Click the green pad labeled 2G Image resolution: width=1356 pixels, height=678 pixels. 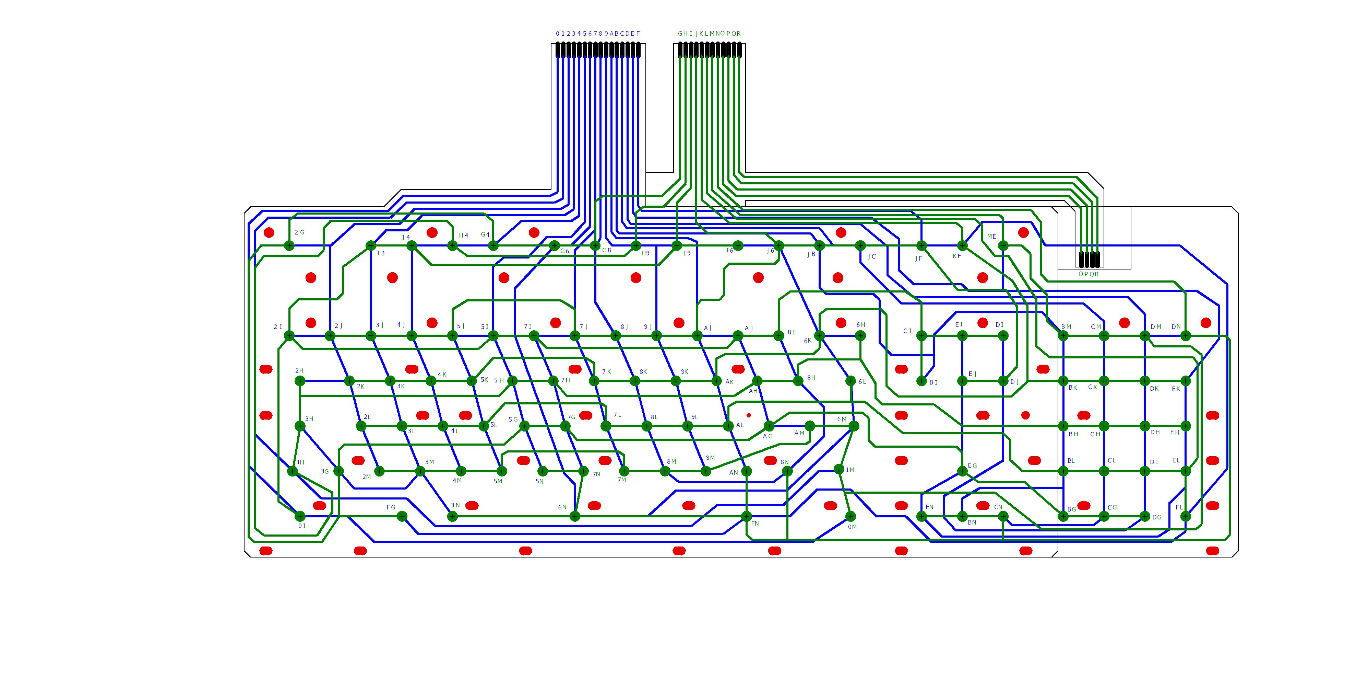coord(289,245)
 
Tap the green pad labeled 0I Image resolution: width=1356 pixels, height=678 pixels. coord(300,516)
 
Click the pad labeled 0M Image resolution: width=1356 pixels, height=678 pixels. coord(851,516)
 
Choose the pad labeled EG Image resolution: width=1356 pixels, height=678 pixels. coord(962,471)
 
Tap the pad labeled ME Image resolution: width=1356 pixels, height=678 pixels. coord(1003,245)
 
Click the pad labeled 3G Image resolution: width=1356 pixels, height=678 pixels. coord(338,471)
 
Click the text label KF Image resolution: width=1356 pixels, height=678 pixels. coord(957,256)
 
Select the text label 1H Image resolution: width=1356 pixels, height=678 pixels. coord(300,462)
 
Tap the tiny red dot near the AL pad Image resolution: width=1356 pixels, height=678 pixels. coord(749,415)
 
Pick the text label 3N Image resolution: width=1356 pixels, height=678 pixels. coord(455,506)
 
